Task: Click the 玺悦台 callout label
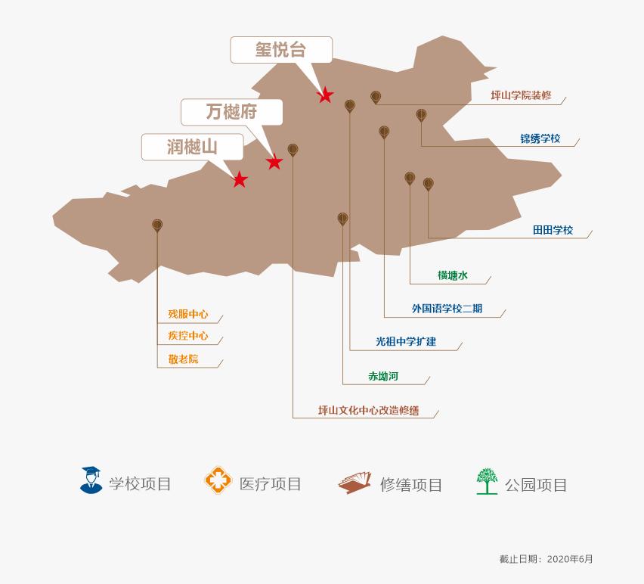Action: point(280,50)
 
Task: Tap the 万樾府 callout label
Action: point(231,112)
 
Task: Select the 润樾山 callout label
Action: point(192,147)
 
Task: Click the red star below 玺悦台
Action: point(325,95)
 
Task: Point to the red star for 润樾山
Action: point(240,180)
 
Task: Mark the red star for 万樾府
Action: point(274,162)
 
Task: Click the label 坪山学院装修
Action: point(521,96)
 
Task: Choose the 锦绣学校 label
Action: point(540,138)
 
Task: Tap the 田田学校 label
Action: point(553,230)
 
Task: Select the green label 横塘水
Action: point(453,275)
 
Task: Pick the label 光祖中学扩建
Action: point(406,342)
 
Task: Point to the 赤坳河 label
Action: point(383,376)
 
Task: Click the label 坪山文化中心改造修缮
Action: point(368,411)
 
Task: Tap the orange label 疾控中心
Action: point(187,336)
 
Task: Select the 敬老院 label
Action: point(183,359)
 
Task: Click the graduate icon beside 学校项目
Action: point(91,480)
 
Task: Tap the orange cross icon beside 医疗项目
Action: point(217,480)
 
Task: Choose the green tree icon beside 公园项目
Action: point(487,481)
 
